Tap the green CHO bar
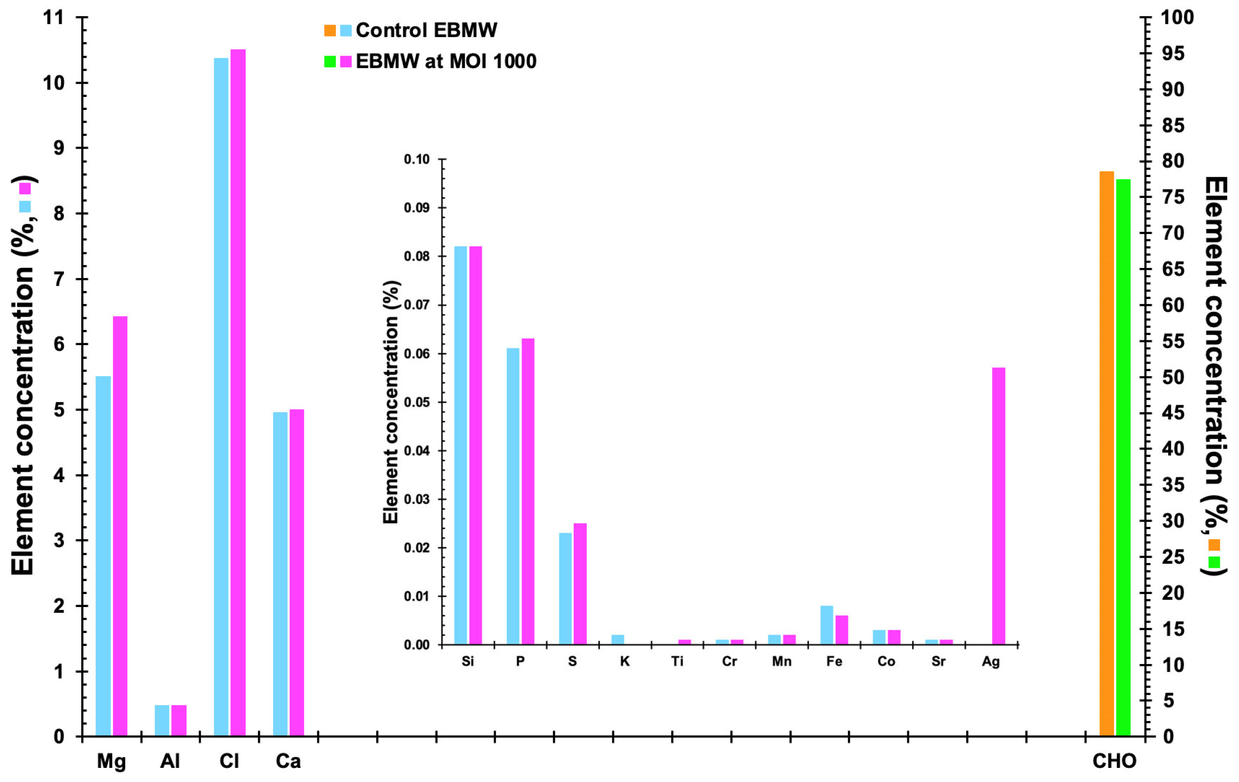(1123, 457)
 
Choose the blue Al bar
(162, 720)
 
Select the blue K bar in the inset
(617, 639)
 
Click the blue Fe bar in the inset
(826, 625)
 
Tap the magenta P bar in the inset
(528, 491)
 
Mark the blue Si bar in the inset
(461, 445)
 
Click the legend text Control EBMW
(426, 30)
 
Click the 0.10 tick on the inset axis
(416, 160)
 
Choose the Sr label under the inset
(938, 662)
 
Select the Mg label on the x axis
(111, 761)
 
